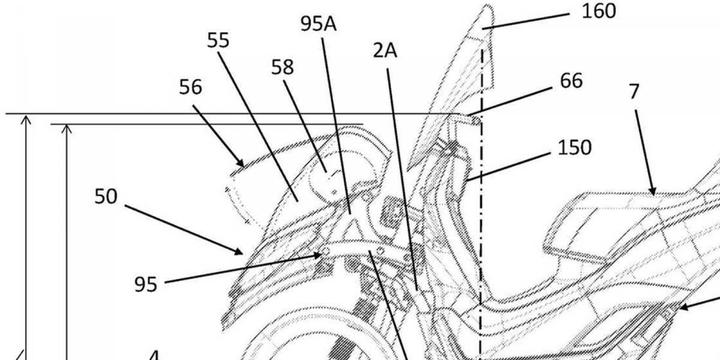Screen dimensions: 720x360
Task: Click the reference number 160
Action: tap(599, 11)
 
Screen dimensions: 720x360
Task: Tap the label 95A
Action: tap(318, 24)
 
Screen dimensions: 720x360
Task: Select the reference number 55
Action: tap(218, 40)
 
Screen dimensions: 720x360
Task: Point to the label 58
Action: tap(283, 67)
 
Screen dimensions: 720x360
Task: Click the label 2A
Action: tap(385, 51)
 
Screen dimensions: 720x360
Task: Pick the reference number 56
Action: tap(191, 87)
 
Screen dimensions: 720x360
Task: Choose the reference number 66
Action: tap(571, 80)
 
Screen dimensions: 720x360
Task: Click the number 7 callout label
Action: tap(634, 92)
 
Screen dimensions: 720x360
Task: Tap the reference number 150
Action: tap(574, 148)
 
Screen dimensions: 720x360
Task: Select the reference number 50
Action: tap(106, 196)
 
